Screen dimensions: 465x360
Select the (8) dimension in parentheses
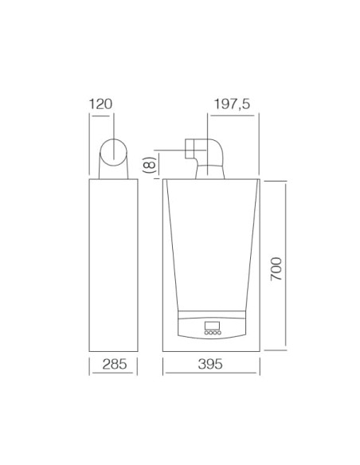[x=148, y=165]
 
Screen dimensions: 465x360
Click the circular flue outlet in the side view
[x=115, y=151]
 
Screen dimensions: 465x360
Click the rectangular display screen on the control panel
[x=212, y=326]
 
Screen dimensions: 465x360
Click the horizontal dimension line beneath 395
[x=211, y=375]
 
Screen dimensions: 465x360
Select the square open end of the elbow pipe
[x=190, y=149]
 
